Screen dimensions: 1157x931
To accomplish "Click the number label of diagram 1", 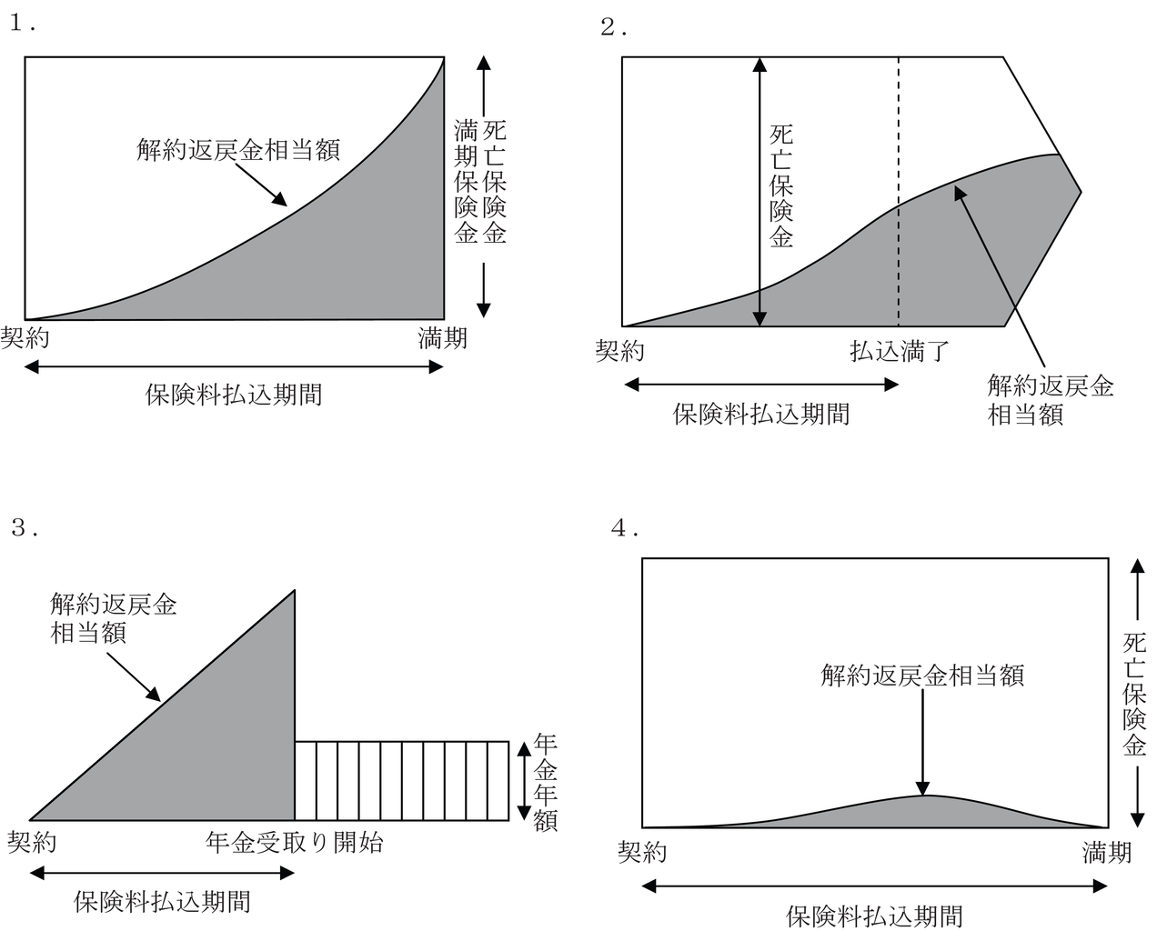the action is [23, 23].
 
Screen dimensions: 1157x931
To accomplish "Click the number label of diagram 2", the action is [613, 27].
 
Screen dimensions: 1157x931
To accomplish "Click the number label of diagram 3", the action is [25, 527].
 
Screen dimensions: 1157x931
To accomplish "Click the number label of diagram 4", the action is [625, 528].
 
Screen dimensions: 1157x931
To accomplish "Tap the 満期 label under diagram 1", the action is [442, 338].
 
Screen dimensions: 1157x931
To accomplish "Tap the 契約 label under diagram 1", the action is [25, 338].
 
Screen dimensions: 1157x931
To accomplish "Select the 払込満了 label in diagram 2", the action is [900, 351].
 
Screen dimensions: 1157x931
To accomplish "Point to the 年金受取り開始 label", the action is [294, 842].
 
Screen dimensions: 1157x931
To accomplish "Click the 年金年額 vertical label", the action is [545, 782].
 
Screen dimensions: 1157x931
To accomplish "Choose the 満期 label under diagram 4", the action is [1106, 853].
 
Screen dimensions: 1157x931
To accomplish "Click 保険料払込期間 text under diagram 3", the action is [162, 901].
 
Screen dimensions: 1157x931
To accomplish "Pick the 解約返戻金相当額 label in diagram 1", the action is [238, 149].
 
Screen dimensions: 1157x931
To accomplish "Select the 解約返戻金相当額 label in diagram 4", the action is [922, 676].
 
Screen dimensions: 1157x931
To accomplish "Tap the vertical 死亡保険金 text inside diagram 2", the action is [781, 186].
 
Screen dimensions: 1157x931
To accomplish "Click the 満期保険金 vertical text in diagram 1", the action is [466, 182].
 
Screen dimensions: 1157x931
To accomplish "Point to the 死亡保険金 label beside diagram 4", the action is [1134, 695].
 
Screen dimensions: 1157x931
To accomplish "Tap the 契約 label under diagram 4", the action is [642, 853].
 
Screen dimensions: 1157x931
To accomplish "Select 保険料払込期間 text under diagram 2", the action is [761, 414].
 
